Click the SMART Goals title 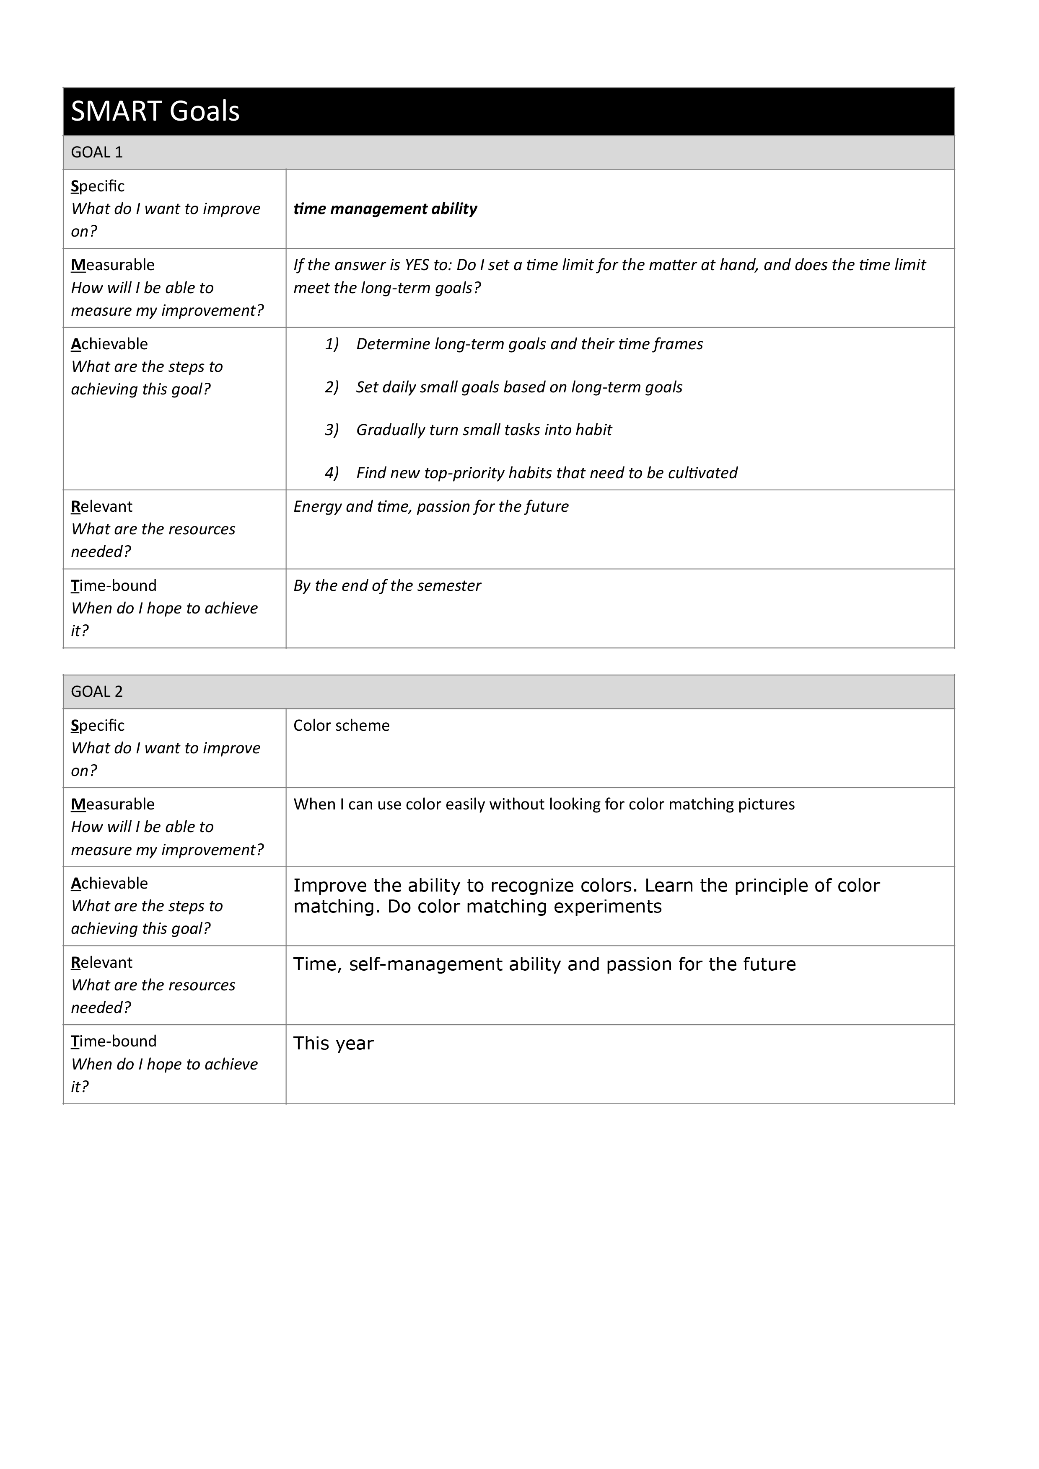[x=155, y=111]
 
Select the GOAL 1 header [x=97, y=152]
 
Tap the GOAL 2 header [x=97, y=692]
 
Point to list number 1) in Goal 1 [x=332, y=344]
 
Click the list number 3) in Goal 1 [x=332, y=430]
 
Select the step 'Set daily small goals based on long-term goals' [x=519, y=387]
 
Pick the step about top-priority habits [x=547, y=473]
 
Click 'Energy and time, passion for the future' [x=431, y=507]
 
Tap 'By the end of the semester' [x=387, y=586]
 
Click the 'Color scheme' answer [x=341, y=726]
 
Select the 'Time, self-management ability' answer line [x=544, y=964]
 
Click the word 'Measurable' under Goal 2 [x=113, y=804]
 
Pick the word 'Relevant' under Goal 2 [x=102, y=963]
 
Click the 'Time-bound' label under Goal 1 [x=114, y=586]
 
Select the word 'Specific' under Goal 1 [x=98, y=186]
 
